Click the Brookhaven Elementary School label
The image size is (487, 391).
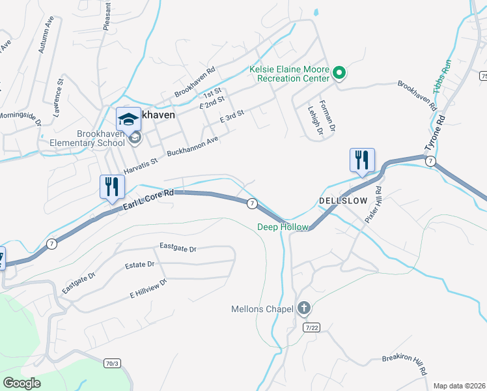pos(100,138)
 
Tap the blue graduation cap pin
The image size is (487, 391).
pos(128,119)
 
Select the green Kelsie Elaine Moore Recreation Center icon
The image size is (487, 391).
pos(339,73)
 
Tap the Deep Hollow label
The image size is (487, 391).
pos(282,227)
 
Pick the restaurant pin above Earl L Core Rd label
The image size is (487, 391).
pos(112,187)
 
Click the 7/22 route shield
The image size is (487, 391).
pos(311,326)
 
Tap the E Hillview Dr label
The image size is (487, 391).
pos(148,288)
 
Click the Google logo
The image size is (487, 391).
pos(22,383)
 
